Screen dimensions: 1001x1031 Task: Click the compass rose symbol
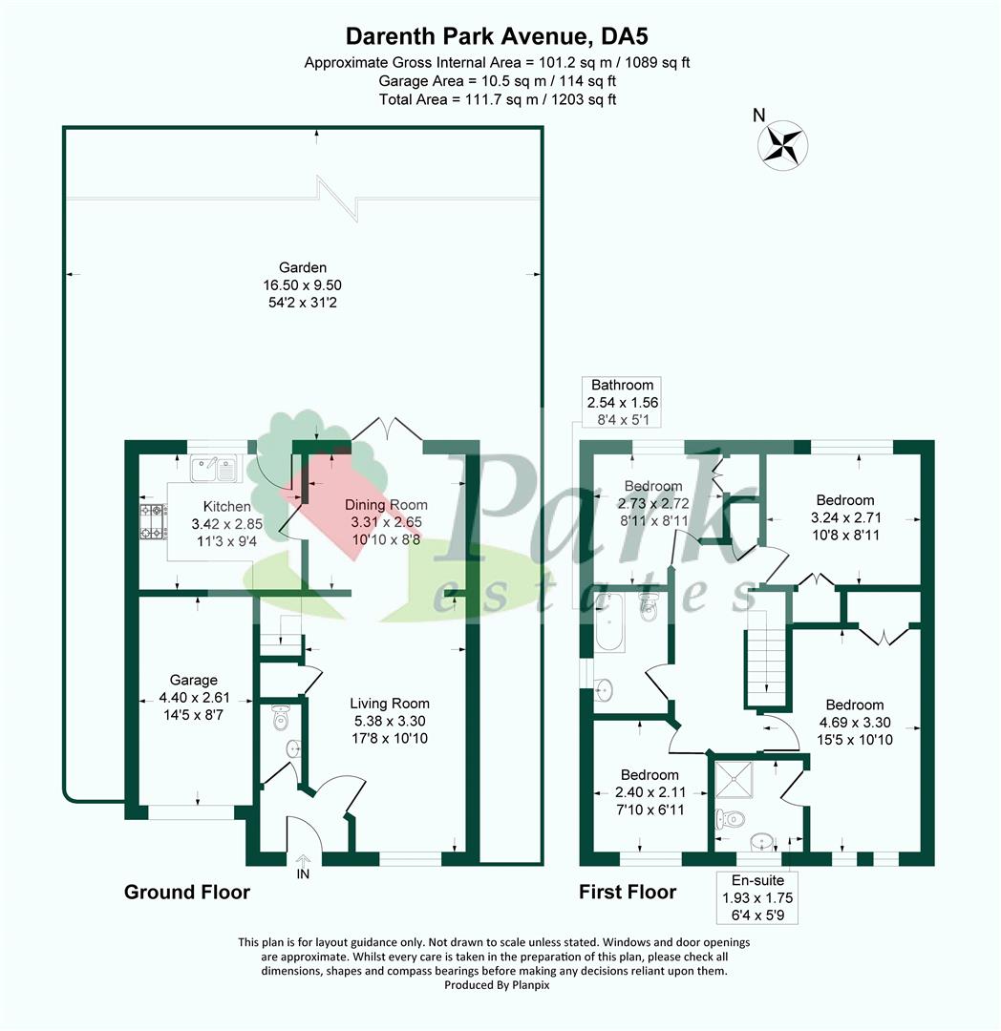point(782,146)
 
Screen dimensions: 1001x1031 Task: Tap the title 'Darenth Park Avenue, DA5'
point(498,35)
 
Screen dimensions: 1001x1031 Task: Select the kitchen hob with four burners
point(152,521)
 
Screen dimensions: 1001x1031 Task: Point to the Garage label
point(193,680)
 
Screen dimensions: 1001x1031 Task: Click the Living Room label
point(390,704)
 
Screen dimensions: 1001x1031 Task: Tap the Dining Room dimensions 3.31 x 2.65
point(387,522)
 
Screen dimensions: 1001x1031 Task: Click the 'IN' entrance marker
point(303,873)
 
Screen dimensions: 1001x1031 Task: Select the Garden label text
point(303,267)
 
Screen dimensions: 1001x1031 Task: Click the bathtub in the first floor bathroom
point(609,622)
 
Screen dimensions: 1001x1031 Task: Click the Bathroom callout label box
point(622,402)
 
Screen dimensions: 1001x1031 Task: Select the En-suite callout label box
point(757,897)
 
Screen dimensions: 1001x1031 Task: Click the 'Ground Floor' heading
point(187,893)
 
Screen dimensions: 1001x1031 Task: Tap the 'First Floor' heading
point(628,893)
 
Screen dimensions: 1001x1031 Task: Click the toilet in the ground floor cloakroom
point(281,718)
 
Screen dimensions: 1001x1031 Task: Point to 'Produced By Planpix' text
point(497,985)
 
